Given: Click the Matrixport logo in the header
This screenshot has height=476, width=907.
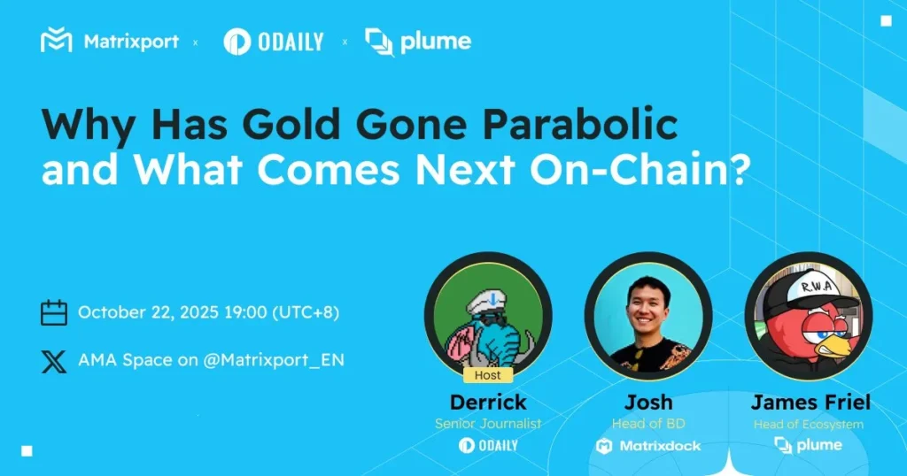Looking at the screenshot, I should point(109,41).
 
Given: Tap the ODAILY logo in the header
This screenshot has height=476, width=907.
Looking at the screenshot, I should point(273,41).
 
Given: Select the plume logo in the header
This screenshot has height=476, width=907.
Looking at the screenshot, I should point(418,41).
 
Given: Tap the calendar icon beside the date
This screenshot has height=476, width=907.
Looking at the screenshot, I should point(54,312).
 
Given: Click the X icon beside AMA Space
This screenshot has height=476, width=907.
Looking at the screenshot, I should point(54,360).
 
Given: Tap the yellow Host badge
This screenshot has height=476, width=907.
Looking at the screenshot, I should point(487,375).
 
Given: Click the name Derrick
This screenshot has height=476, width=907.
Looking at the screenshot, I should point(487,403).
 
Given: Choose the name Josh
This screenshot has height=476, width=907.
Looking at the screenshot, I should point(648,403).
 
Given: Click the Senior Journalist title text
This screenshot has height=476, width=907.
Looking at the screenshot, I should point(487,424).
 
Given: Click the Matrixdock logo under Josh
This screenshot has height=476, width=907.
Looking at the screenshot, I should point(648,445).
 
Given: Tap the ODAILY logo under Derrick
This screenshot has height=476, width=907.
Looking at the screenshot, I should point(487,445).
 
